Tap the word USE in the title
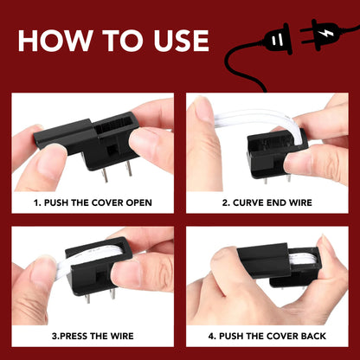[176, 40]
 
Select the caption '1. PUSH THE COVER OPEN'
[93, 202]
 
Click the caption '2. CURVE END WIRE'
[267, 202]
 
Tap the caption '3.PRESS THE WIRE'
[93, 333]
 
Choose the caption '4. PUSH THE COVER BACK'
[267, 333]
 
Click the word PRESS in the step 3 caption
[77, 333]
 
